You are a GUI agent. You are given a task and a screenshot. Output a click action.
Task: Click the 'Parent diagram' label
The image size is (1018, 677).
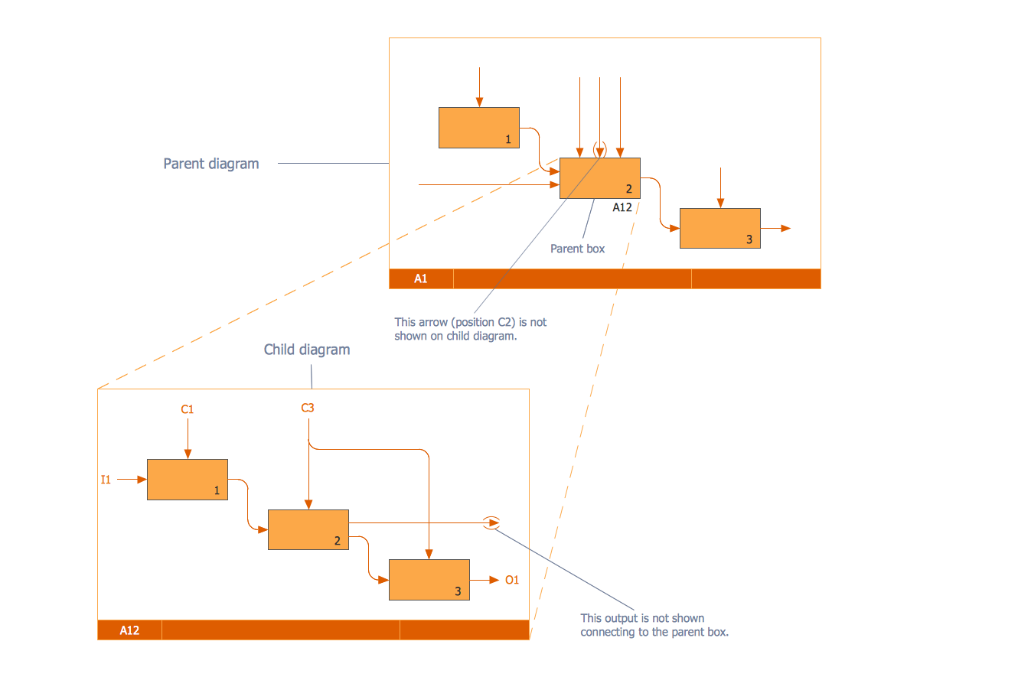point(211,164)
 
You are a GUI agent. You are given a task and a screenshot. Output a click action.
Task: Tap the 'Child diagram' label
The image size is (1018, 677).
point(307,350)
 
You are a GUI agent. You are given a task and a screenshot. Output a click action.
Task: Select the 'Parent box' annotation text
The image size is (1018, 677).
point(577,249)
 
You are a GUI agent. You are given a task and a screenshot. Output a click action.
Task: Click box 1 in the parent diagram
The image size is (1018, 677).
point(479,128)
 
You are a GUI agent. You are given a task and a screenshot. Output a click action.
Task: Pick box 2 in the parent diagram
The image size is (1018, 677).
point(600,178)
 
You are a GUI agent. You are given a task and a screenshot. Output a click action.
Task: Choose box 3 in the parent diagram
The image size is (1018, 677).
point(719,229)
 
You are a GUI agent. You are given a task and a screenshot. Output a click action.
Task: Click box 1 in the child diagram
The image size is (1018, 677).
point(188,480)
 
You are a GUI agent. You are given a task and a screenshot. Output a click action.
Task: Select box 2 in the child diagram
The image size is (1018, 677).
point(308,529)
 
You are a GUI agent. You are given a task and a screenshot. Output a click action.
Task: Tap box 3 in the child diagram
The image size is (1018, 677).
point(429,580)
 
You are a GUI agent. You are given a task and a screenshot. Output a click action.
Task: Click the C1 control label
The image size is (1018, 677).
point(188,409)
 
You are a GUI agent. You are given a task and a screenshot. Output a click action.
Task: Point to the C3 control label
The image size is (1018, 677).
point(308,408)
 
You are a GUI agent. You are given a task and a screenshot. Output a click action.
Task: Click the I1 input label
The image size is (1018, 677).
point(106,480)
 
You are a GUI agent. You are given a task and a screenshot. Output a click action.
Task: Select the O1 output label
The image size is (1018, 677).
point(512,580)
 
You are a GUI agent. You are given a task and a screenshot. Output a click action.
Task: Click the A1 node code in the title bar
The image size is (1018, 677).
point(421,278)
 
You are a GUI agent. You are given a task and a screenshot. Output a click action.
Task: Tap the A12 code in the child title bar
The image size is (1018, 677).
point(129,630)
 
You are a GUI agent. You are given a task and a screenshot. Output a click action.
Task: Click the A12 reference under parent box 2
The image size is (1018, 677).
point(622,207)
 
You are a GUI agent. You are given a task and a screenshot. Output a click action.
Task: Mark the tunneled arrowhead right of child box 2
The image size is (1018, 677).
point(494,522)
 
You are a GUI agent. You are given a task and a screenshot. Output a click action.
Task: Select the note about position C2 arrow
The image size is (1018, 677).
point(471,329)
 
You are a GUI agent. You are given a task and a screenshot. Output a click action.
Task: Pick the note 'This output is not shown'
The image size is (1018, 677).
point(654,625)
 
